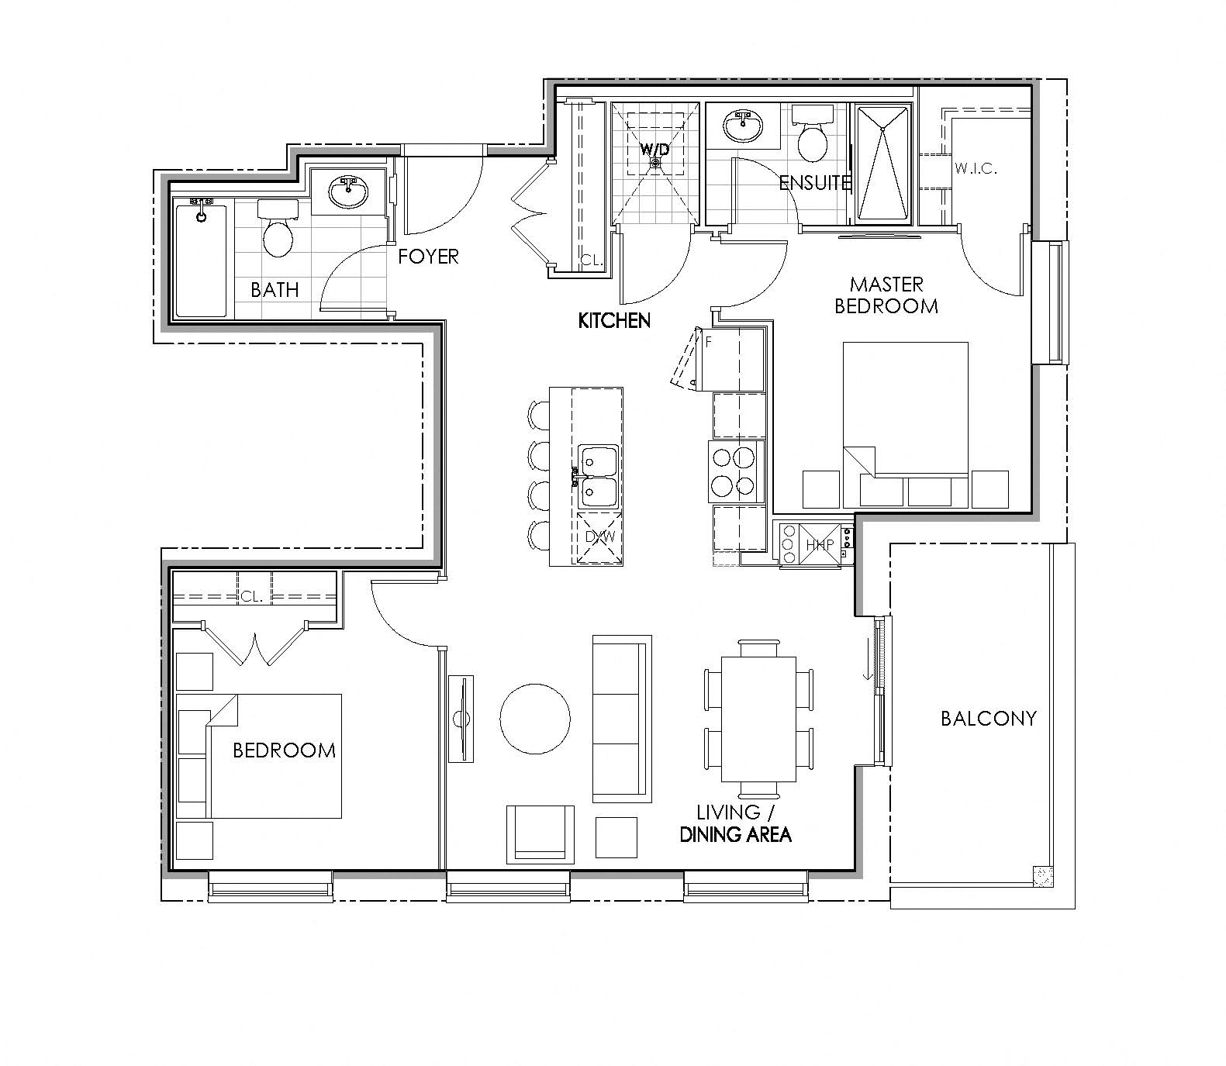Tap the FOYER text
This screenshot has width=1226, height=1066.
click(428, 256)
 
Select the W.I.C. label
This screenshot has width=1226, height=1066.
click(976, 167)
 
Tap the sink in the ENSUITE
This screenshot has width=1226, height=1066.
click(742, 125)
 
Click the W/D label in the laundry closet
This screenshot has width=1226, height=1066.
click(654, 149)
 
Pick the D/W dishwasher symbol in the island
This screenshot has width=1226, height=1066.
click(598, 536)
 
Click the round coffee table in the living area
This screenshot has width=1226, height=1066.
click(535, 718)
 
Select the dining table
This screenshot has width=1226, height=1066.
click(758, 719)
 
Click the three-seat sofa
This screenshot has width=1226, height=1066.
click(621, 719)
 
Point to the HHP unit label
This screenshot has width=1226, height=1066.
click(819, 545)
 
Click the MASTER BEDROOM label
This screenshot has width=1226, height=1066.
click(886, 295)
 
